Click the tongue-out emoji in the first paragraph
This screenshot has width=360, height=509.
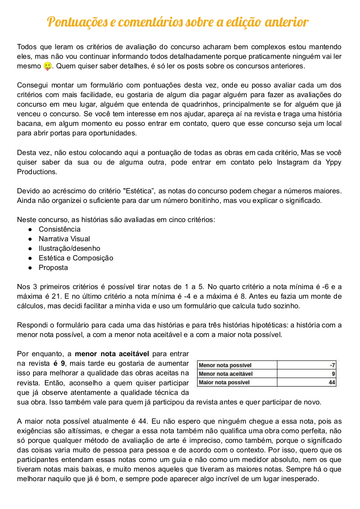click(48, 67)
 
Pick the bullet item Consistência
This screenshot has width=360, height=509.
click(59, 229)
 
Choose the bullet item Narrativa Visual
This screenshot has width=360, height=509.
click(64, 239)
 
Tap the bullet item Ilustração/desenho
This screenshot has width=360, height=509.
click(69, 249)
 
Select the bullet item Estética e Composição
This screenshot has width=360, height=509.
click(76, 258)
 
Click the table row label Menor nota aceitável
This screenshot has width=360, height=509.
click(225, 374)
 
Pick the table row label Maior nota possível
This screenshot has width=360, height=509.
click(224, 382)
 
